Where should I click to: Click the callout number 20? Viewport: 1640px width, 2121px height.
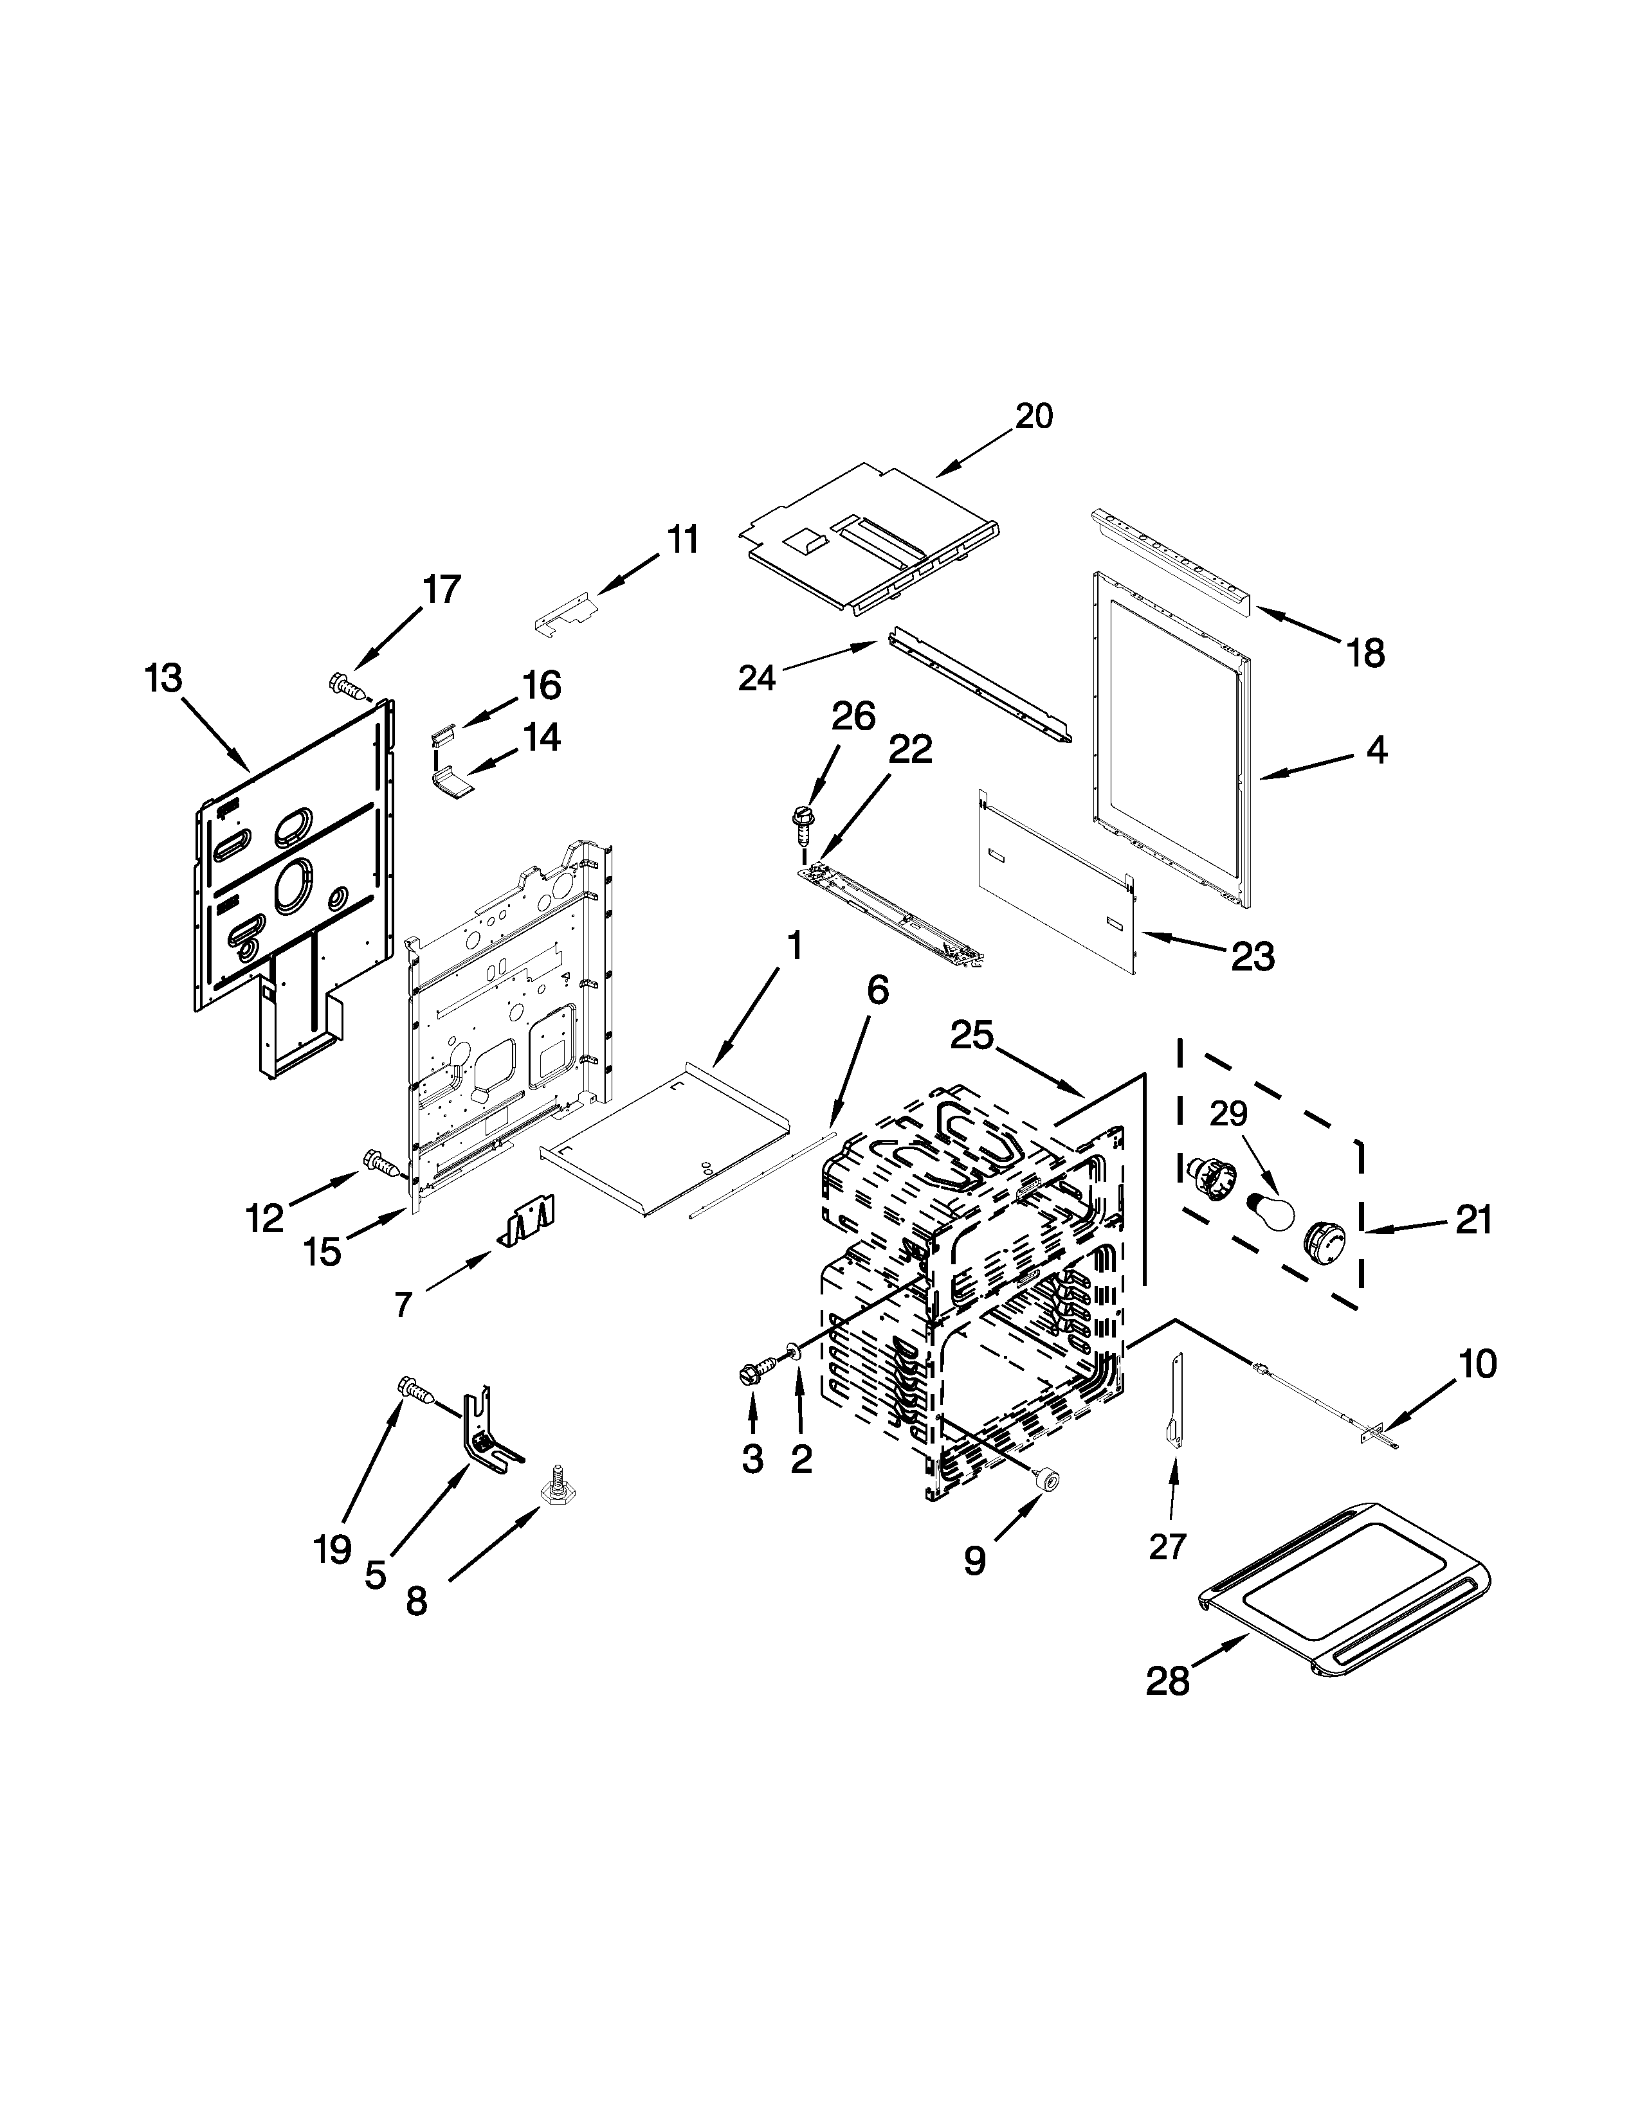1034,416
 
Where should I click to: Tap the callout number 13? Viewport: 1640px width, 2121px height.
163,679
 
